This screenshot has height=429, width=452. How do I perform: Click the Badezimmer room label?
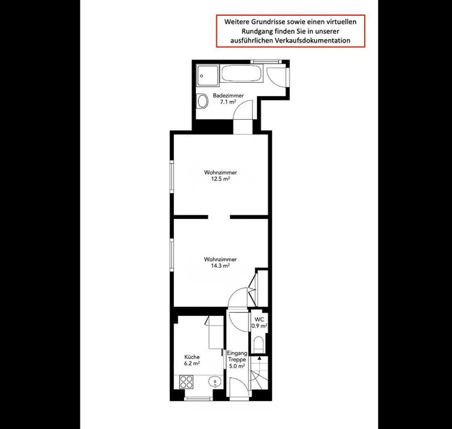click(228, 95)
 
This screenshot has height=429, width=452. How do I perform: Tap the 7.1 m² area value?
click(228, 102)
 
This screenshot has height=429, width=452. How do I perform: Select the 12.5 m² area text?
click(220, 179)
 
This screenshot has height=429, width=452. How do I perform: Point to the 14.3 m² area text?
click(220, 266)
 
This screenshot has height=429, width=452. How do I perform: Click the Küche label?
click(192, 357)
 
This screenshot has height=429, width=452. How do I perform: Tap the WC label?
click(259, 319)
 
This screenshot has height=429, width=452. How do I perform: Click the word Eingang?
click(237, 353)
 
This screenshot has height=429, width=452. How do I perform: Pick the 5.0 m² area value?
click(237, 366)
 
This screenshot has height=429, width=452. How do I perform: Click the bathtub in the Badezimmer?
click(241, 73)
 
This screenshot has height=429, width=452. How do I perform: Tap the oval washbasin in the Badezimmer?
click(202, 101)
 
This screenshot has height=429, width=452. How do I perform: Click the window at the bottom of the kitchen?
click(199, 399)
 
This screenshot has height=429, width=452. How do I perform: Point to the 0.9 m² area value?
click(259, 326)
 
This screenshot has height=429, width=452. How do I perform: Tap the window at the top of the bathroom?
click(266, 62)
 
